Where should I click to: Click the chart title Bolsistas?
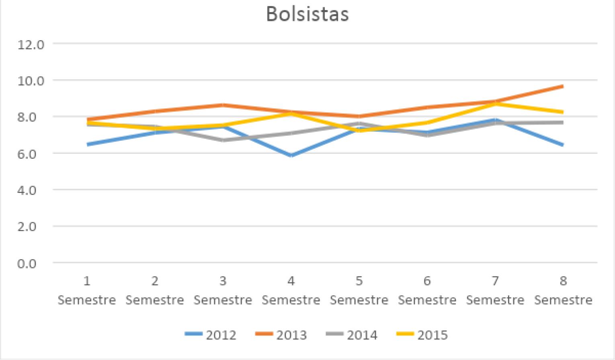coord(307,14)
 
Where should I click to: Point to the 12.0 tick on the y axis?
coord(31,44)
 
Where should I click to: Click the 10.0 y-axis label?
coord(31,80)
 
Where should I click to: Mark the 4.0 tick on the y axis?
coord(31,190)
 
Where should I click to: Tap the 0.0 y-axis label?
coord(31,263)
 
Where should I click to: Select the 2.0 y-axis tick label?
coord(31,226)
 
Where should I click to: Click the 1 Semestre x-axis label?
coord(87,290)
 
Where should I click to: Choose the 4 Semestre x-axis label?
coord(291,290)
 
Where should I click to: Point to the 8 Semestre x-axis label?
coord(563,290)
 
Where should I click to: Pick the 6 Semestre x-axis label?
coord(427,290)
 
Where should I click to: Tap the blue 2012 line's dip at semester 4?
coord(291,155)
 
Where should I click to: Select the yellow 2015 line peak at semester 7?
coord(495,104)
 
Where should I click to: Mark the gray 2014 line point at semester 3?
coord(223,140)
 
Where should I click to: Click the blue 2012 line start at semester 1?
coord(87,144)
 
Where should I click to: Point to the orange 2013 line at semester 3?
coord(223,105)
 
